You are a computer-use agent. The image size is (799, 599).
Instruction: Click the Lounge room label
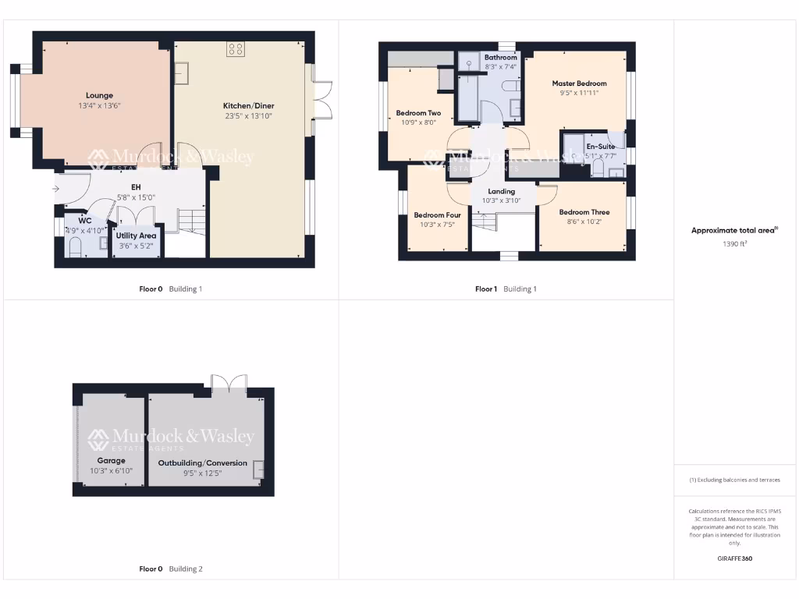click(x=99, y=95)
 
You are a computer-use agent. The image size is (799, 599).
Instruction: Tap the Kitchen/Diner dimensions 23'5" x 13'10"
click(x=248, y=116)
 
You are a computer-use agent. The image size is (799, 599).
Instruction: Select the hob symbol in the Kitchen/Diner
click(x=235, y=50)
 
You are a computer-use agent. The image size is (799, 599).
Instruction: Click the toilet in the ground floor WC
click(x=76, y=247)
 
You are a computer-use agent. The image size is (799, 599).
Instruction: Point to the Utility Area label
click(x=136, y=236)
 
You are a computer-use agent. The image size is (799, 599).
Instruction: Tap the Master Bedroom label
click(x=579, y=83)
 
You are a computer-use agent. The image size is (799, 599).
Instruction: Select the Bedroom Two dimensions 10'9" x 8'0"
click(x=418, y=122)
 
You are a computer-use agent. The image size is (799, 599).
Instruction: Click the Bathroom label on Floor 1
click(x=500, y=58)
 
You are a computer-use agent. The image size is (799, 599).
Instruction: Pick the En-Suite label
click(x=601, y=146)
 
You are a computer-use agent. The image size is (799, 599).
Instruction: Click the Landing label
click(x=501, y=191)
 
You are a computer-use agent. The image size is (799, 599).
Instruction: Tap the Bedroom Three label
click(x=584, y=212)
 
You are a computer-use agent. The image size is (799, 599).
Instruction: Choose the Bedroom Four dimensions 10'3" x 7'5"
click(x=437, y=225)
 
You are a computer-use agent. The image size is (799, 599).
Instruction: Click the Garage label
click(x=111, y=460)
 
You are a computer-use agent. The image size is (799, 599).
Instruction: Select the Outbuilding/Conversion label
click(x=203, y=463)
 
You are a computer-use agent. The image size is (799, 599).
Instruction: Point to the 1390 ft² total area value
click(x=734, y=243)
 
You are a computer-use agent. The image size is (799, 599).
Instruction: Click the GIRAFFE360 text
click(x=734, y=558)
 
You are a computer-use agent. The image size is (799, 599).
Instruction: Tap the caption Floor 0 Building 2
click(x=170, y=569)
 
